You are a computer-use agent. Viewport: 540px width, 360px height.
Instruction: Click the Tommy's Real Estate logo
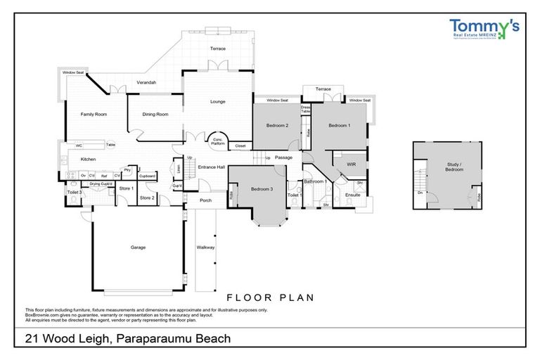tap(484, 30)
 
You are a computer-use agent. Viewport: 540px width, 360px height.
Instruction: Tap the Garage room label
tap(138, 247)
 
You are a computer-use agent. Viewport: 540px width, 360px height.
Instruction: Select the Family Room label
tap(93, 114)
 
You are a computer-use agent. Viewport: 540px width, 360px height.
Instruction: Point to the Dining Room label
tap(155, 114)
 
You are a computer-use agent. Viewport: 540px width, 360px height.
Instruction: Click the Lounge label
tap(217, 102)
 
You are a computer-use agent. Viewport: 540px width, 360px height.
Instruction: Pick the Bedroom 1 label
tap(340, 126)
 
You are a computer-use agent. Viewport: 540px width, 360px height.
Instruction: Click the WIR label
tap(349, 165)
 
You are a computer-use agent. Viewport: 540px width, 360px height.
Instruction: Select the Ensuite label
tap(352, 195)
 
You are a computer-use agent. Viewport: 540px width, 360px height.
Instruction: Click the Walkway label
tap(205, 248)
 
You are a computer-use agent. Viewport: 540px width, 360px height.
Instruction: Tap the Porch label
tap(205, 200)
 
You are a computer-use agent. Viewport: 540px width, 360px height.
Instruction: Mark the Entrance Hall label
tap(210, 167)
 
